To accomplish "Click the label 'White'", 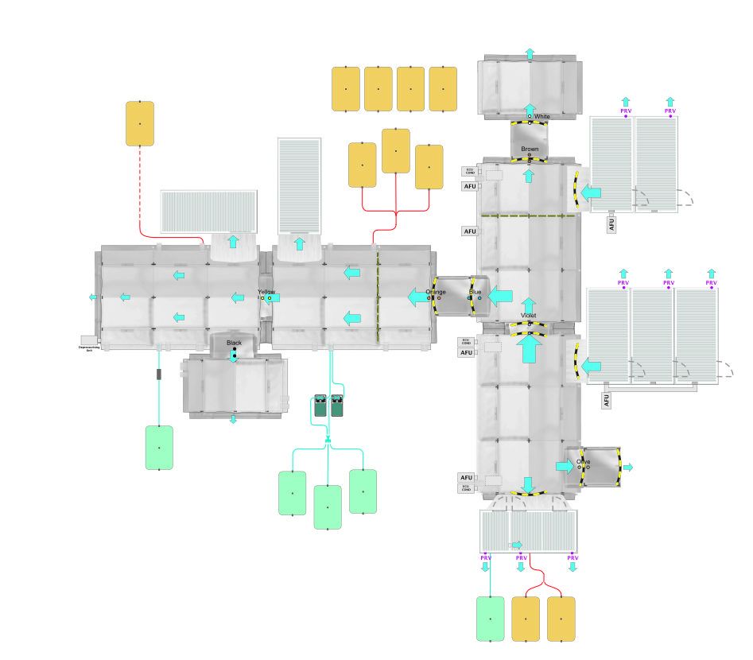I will pos(541,117).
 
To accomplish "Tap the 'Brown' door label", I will pos(530,149).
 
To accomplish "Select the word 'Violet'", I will pos(529,316).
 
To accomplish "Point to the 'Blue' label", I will pos(475,292).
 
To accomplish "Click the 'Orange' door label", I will pos(436,292).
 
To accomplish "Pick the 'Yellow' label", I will pos(266,292).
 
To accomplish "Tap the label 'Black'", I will pos(234,343).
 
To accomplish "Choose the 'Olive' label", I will pos(584,461).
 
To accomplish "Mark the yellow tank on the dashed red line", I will pos(140,123).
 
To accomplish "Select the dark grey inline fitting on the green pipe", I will pos(159,374).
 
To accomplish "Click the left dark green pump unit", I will pos(320,406).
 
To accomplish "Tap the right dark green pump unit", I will pos(337,406).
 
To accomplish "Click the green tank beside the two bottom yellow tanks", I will pos(490,619).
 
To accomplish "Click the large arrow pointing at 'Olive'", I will pos(564,467).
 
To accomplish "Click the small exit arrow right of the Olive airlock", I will pos(628,468).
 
